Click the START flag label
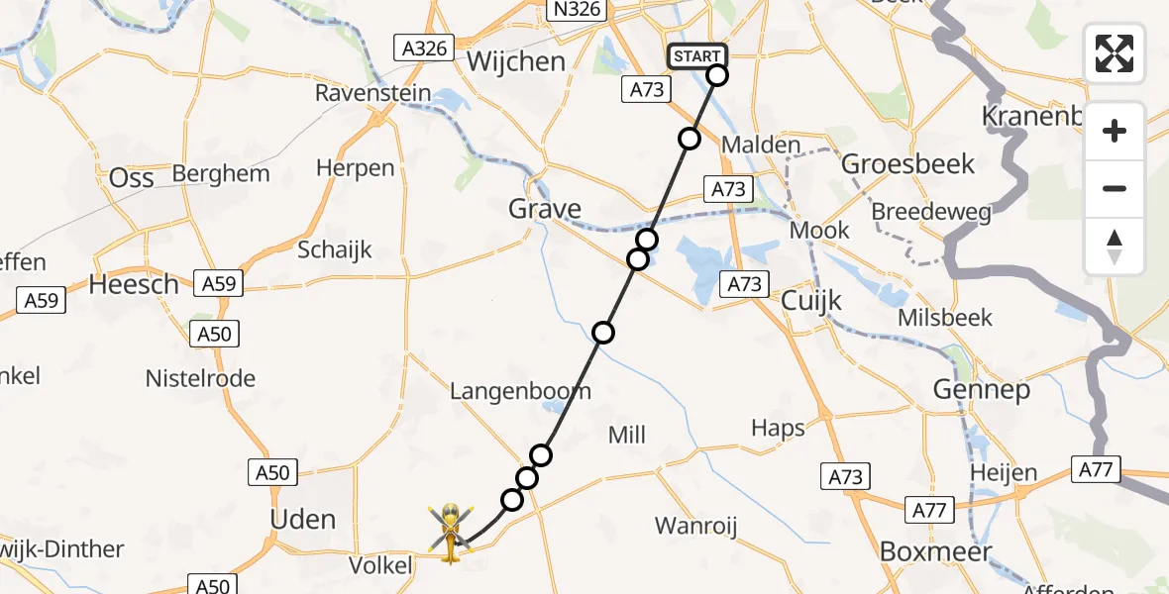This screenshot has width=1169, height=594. pos(697,56)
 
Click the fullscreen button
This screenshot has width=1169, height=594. pos(1115,53)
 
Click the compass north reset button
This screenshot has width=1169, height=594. pos(1115,247)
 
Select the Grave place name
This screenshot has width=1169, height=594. pos(544,209)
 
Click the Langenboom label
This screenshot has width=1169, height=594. pos(520,391)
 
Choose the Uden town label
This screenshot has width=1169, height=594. pos(303,519)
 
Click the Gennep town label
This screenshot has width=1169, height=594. pos(982,389)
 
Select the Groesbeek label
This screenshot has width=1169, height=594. pos(908,163)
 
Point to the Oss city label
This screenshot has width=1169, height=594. pos(132,177)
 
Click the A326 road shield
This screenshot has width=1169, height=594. pos(422,48)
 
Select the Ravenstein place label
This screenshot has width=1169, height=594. pos(373,93)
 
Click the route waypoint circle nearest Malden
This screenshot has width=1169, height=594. pos(690,139)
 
